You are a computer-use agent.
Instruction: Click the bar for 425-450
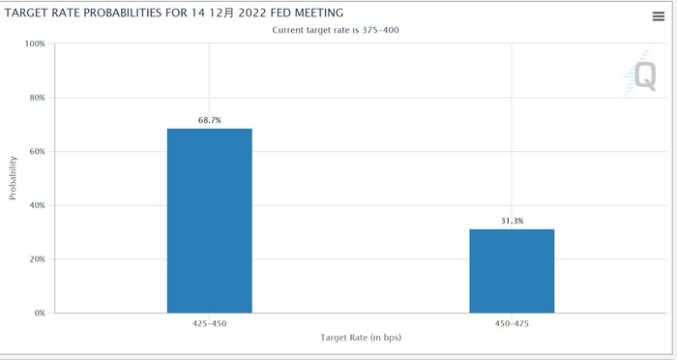pos(209,221)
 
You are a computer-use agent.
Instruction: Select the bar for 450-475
pos(512,271)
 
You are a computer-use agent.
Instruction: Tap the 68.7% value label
pos(209,120)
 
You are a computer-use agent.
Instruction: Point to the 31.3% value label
pos(512,221)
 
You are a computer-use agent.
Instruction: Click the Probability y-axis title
pos(13,179)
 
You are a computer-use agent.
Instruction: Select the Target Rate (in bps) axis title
pos(361,338)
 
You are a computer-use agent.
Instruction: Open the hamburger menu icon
pos(659,16)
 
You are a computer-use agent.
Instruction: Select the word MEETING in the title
pos(315,13)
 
